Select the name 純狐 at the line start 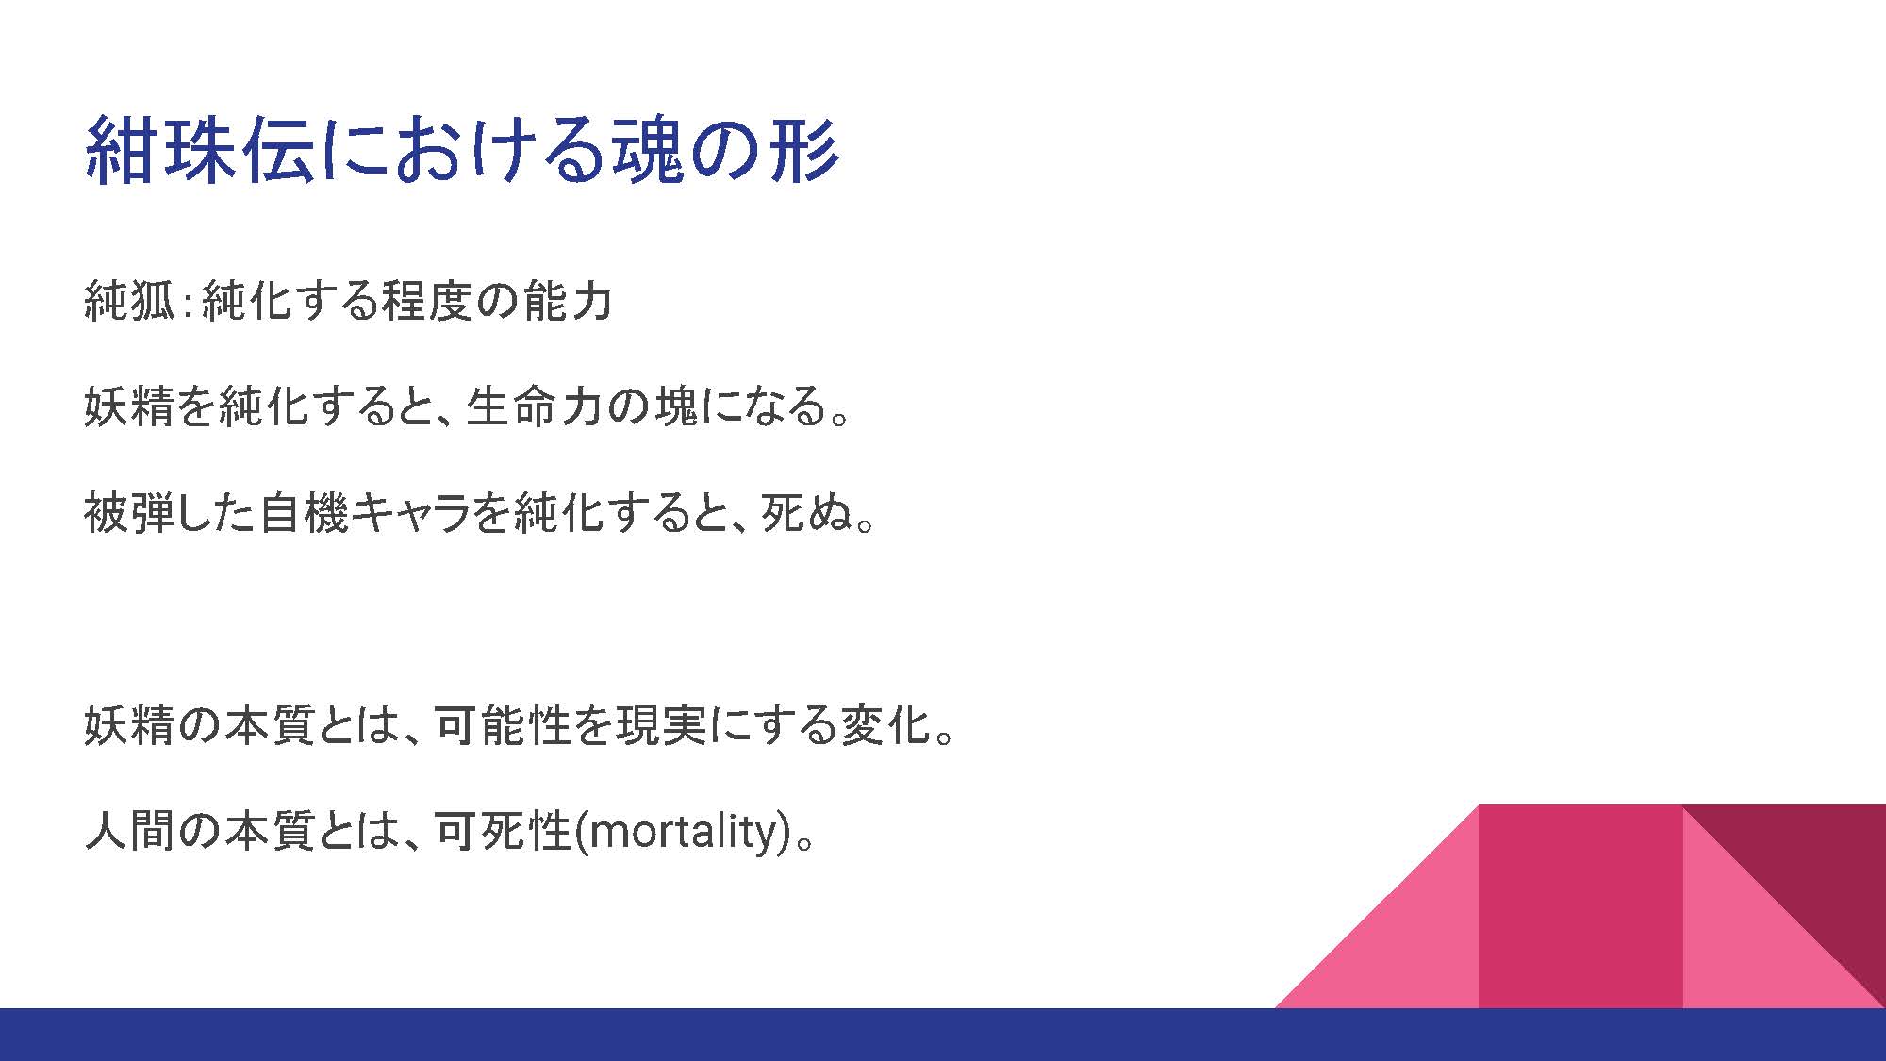[x=129, y=301]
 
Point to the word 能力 [x=569, y=301]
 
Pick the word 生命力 [x=535, y=406]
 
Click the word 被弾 [x=129, y=513]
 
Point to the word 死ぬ [x=805, y=513]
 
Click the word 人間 [x=129, y=831]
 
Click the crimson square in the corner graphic [x=1580, y=905]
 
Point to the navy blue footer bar [x=943, y=1035]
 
